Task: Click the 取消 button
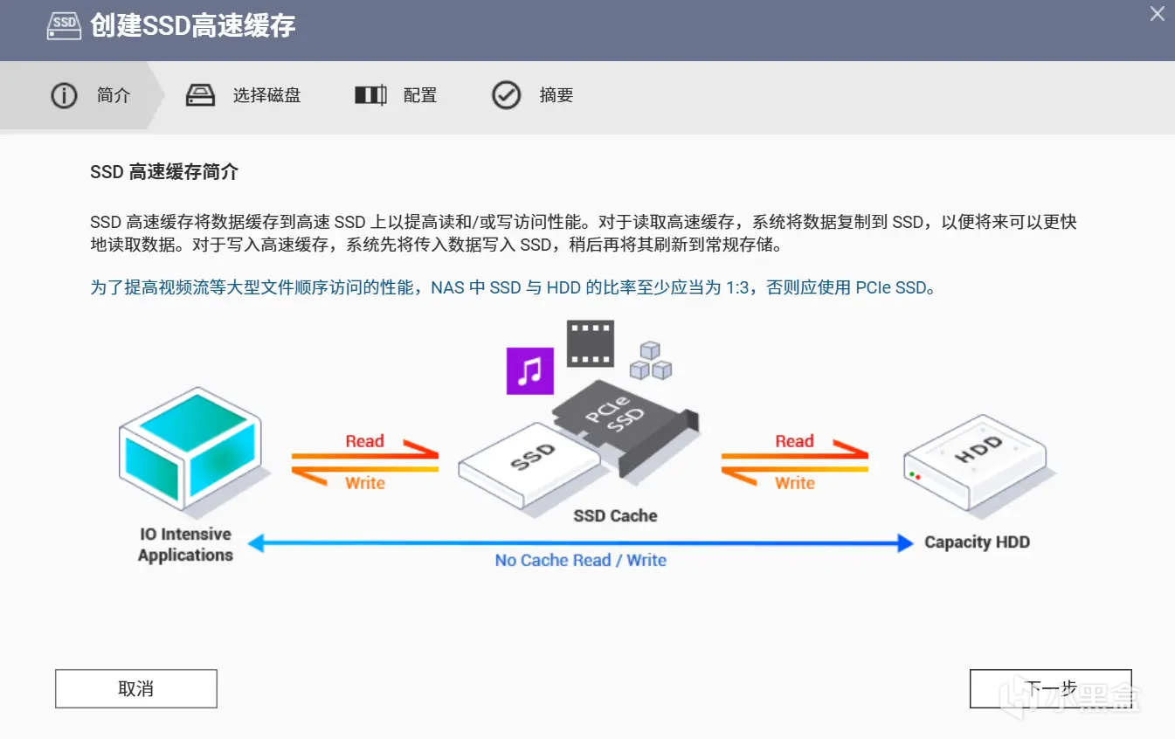tap(135, 688)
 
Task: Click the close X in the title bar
tap(1157, 14)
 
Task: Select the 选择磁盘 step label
tap(266, 95)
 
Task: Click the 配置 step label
tap(420, 95)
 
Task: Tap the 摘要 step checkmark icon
tap(506, 95)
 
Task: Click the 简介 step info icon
tap(64, 95)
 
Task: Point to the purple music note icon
tap(529, 371)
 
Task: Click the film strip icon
tap(590, 342)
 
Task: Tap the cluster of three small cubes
tap(650, 361)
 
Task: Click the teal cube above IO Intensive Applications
tap(190, 446)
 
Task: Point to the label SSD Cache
tap(615, 515)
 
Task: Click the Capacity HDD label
tap(977, 542)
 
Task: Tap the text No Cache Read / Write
tap(580, 561)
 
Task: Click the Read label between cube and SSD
tap(364, 441)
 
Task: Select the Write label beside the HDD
tap(794, 483)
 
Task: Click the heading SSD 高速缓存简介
tap(164, 172)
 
